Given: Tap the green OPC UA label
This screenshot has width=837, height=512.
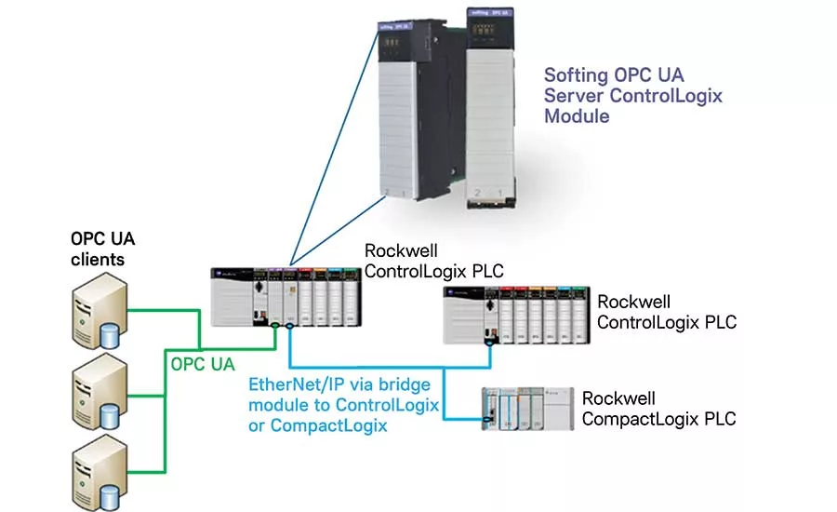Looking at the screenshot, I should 203,363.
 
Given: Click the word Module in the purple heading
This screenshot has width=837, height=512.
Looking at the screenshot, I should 577,116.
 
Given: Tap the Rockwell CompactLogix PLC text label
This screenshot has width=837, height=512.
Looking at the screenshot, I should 658,409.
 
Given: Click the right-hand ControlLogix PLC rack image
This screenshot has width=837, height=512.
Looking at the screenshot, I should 515,316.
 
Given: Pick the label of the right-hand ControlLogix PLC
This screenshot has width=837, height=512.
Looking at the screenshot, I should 666,312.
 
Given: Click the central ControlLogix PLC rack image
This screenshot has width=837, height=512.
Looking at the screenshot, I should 284,295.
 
